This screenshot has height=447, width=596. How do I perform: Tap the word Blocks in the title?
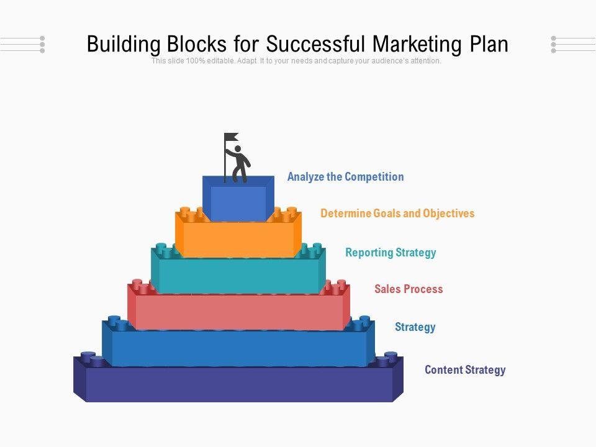tap(198, 44)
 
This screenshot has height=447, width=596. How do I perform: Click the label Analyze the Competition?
tap(345, 177)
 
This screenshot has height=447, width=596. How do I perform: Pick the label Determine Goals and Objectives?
tap(397, 214)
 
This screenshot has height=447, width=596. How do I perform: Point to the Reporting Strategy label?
tap(391, 253)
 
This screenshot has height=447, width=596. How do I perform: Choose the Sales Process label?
tap(409, 289)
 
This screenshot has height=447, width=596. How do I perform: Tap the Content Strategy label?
tap(465, 370)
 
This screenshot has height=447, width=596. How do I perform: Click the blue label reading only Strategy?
tap(415, 327)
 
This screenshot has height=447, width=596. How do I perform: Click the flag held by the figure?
tap(232, 137)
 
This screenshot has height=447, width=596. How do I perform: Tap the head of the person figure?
tap(237, 150)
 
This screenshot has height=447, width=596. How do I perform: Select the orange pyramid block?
tap(238, 240)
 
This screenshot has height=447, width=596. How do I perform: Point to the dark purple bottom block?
tap(238, 385)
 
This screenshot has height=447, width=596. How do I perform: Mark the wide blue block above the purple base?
tap(238, 348)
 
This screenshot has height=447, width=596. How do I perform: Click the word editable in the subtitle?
tap(220, 61)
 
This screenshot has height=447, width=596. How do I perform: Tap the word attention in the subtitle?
tap(424, 61)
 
